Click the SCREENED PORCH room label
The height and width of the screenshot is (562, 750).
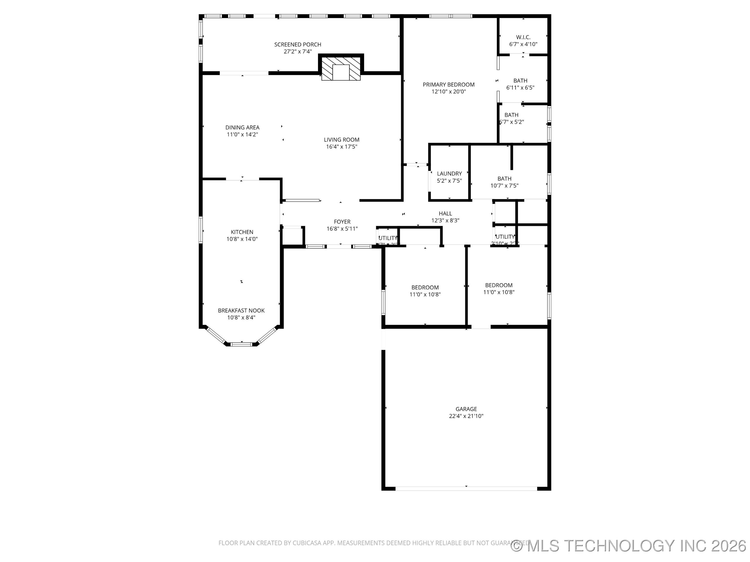pyautogui.click(x=297, y=44)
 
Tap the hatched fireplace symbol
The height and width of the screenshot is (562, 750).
pyautogui.click(x=341, y=69)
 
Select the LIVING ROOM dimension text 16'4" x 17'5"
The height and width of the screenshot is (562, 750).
pyautogui.click(x=341, y=147)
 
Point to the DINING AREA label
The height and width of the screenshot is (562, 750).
pyautogui.click(x=242, y=127)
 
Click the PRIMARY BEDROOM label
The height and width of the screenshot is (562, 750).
pyautogui.click(x=448, y=84)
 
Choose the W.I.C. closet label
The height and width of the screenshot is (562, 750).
pyautogui.click(x=523, y=37)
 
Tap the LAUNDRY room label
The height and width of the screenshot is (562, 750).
pyautogui.click(x=449, y=174)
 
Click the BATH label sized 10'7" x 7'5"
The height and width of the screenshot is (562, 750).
pyautogui.click(x=504, y=178)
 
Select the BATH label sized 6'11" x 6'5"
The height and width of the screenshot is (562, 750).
pyautogui.click(x=520, y=81)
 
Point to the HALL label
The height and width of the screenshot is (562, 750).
pyautogui.click(x=445, y=213)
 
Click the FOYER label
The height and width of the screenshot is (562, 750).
pyautogui.click(x=342, y=222)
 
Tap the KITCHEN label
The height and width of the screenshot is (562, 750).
pyautogui.click(x=242, y=232)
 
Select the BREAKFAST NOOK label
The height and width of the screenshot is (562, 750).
pyautogui.click(x=241, y=310)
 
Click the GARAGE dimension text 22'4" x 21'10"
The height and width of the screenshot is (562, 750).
pyautogui.click(x=466, y=416)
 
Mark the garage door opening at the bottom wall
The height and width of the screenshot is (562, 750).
pyautogui.click(x=466, y=488)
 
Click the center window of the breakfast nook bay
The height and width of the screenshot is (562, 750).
pyautogui.click(x=241, y=344)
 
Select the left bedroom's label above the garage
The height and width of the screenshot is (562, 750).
pyautogui.click(x=425, y=287)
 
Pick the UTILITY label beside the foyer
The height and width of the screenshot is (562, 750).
pyautogui.click(x=387, y=238)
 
